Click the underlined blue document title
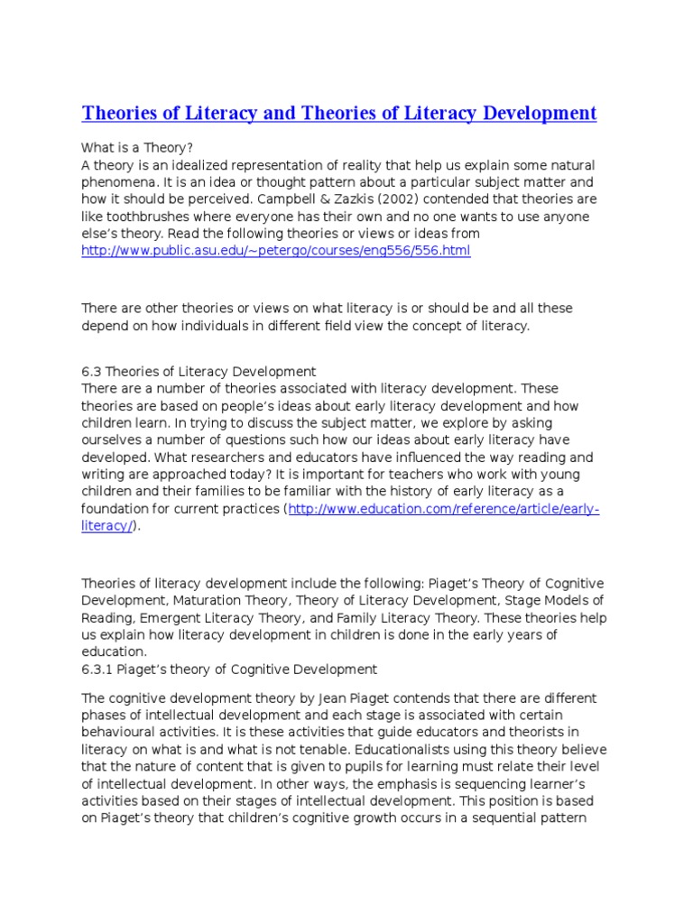(x=339, y=114)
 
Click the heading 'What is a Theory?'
(x=137, y=147)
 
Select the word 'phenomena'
(x=117, y=181)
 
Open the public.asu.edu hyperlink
(x=276, y=251)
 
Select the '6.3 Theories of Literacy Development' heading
(x=199, y=371)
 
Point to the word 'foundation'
(x=116, y=509)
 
